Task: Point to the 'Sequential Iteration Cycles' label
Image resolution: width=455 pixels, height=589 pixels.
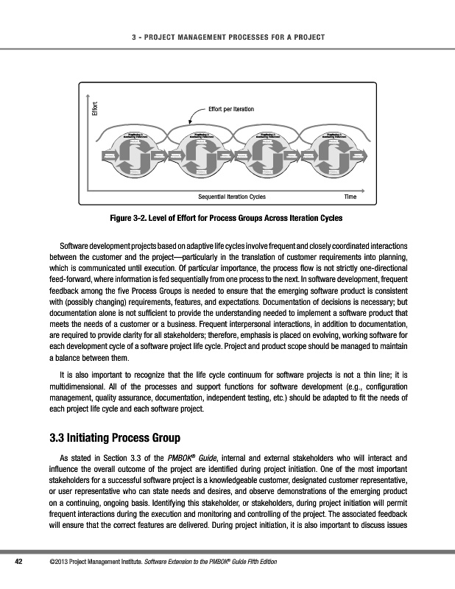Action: pos(232,197)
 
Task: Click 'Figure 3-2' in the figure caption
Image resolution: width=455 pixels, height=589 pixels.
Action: pos(129,219)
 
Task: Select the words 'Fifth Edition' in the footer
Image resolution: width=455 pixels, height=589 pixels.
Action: pos(256,563)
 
